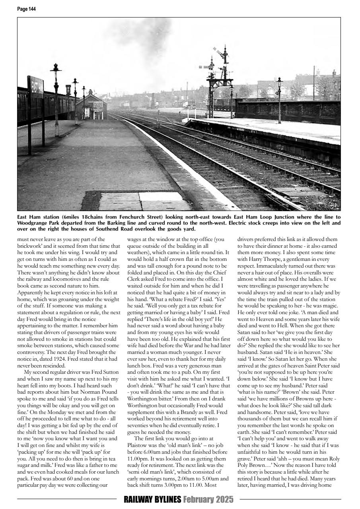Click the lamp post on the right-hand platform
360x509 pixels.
tap(279, 99)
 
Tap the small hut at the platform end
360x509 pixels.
tap(91, 104)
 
